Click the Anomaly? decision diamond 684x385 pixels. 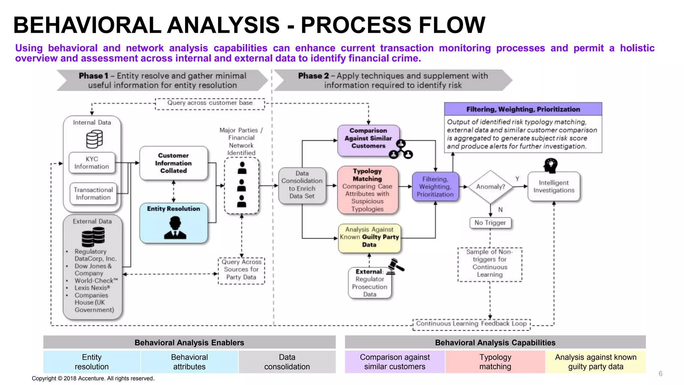(490, 186)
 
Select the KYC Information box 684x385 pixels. (92, 163)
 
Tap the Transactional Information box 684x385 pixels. (93, 194)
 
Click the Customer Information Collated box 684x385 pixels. (173, 163)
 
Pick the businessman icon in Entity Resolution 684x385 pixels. (175, 228)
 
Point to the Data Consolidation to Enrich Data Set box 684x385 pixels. (302, 185)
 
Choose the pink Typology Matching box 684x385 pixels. (367, 190)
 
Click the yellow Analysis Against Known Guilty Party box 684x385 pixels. (369, 237)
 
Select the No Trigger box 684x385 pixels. (490, 223)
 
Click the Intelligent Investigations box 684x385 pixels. (553, 186)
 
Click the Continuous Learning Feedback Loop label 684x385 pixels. (471, 324)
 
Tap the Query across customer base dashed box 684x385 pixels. (210, 103)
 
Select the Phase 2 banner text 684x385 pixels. (393, 80)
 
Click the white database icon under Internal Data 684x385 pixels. (94, 139)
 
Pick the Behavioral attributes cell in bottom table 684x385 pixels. (189, 362)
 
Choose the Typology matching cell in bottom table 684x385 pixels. (495, 362)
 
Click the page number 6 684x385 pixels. (660, 374)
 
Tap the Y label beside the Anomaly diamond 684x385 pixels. (517, 179)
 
